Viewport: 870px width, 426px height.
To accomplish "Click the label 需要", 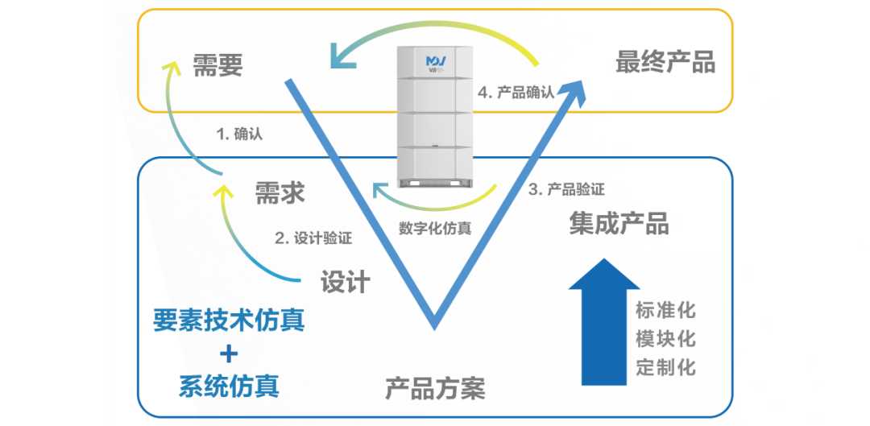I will point(217,65).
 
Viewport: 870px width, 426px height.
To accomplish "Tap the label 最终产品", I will point(665,62).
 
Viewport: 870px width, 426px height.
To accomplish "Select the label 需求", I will point(280,192).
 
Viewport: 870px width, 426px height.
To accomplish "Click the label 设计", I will point(346,281).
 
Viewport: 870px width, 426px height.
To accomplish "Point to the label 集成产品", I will point(619,223).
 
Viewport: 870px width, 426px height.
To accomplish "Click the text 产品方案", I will point(435,389).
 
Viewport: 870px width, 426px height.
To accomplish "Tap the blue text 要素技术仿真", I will point(230,321).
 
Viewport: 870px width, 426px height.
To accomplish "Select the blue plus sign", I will point(230,353).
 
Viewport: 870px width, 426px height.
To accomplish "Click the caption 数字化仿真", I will point(435,228).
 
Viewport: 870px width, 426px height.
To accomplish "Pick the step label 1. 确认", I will point(240,134).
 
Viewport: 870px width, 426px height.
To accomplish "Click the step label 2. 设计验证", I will point(313,238).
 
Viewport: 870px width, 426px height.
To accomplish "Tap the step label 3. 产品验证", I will point(566,189).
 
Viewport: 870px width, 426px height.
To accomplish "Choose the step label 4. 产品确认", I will point(516,92).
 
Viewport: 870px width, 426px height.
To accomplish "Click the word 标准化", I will point(665,309).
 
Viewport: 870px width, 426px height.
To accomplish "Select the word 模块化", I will point(665,338).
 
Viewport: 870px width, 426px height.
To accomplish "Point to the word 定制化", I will point(665,367).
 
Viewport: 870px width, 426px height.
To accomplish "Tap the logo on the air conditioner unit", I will point(436,61).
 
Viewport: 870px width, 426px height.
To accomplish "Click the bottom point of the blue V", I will point(435,325).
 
